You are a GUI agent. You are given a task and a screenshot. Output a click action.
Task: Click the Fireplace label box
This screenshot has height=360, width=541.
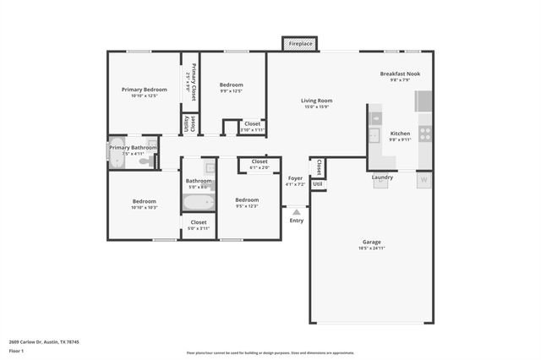coord(299,43)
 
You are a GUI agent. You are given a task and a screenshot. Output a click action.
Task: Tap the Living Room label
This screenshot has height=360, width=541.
coord(316,101)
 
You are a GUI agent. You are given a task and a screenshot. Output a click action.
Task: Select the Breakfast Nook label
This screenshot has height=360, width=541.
coord(399,74)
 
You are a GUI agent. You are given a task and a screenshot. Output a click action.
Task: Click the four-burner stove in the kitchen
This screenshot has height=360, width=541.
coord(425,133)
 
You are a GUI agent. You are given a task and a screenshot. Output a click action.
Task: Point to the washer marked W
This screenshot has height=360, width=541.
coord(424,180)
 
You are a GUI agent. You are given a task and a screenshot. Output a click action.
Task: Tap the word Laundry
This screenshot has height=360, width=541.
coord(382,177)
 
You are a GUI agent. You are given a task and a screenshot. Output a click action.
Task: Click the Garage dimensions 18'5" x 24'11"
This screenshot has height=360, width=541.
coord(371,248)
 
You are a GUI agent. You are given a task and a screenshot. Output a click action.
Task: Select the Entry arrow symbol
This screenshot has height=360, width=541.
coord(296,211)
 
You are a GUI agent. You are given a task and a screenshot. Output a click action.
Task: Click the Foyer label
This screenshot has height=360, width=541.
coord(295,177)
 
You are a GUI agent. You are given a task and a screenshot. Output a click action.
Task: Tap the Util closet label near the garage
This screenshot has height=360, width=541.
coord(317,183)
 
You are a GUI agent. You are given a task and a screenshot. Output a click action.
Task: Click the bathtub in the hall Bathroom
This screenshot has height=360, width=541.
coord(199,202)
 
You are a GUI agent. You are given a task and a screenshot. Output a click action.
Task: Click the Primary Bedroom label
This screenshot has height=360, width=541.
coord(144,89)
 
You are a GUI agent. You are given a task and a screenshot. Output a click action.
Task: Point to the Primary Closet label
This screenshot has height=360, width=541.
coord(193,81)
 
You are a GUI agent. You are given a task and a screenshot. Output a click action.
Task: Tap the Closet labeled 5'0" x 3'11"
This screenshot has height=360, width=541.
coord(199,225)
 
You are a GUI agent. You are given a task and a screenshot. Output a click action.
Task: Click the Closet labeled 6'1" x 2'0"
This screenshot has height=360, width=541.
coord(260,164)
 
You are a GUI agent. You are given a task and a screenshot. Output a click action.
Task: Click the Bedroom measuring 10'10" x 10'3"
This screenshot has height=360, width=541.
coord(144,204)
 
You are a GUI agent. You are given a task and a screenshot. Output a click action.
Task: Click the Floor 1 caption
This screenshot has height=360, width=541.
coord(16,351)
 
